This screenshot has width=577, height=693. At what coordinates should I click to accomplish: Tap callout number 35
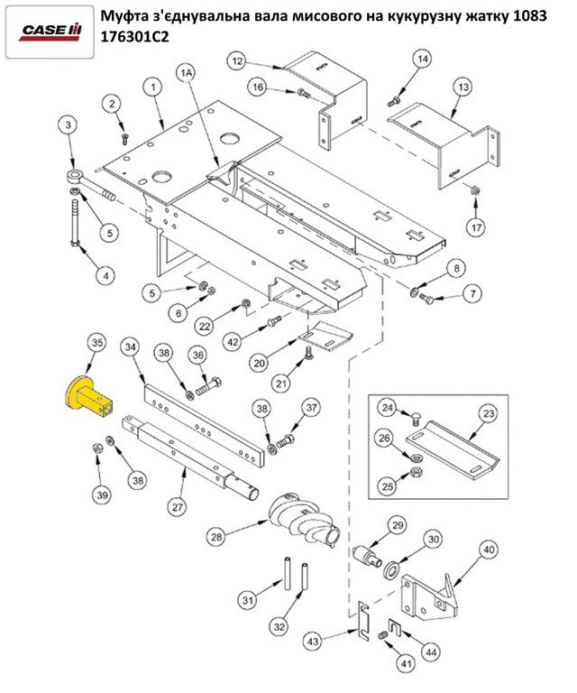pyautogui.click(x=96, y=344)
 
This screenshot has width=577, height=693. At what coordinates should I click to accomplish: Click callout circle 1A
pyautogui.click(x=188, y=72)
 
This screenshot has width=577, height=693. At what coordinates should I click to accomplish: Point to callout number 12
pyautogui.click(x=237, y=61)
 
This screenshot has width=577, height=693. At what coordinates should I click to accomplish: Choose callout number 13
pyautogui.click(x=463, y=87)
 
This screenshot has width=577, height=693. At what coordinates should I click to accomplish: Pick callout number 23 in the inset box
pyautogui.click(x=488, y=414)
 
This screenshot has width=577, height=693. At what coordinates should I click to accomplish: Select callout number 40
pyautogui.click(x=488, y=550)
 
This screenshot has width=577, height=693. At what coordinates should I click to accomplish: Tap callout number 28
pyautogui.click(x=216, y=537)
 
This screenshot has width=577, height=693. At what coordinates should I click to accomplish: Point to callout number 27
pyautogui.click(x=177, y=506)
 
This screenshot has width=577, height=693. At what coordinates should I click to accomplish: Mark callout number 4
pyautogui.click(x=105, y=273)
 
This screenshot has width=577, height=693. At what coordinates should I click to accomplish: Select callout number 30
pyautogui.click(x=434, y=539)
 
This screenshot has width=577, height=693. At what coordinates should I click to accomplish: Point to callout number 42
pyautogui.click(x=233, y=342)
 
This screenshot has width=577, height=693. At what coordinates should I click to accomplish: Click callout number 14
pyautogui.click(x=424, y=59)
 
